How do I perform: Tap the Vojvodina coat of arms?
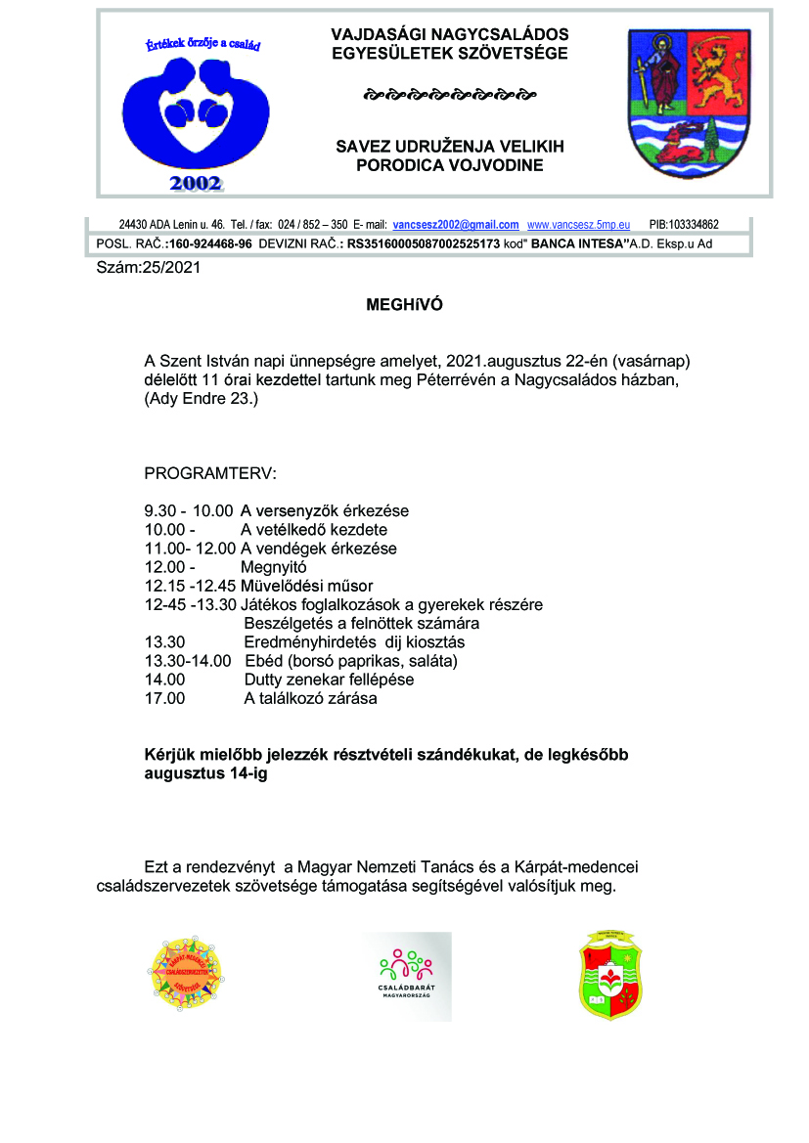pos(686,103)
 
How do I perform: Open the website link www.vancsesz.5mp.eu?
pos(578,225)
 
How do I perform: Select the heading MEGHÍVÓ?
pos(404,305)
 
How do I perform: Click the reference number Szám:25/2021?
pos(148,267)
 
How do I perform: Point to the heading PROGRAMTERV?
pos(210,474)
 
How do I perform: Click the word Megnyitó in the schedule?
pos(274,567)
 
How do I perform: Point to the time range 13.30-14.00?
pos(188,661)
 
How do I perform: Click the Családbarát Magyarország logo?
pos(406,975)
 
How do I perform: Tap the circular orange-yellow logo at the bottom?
pos(189,972)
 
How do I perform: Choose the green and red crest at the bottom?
pos(609,975)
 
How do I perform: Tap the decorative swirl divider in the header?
pos(449,96)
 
